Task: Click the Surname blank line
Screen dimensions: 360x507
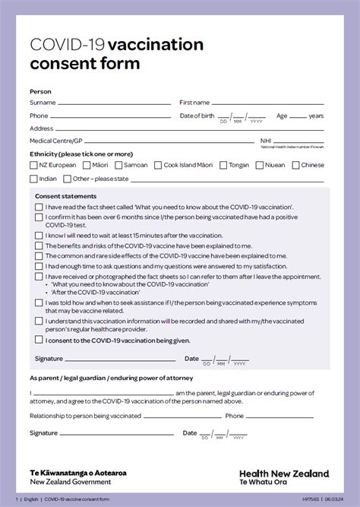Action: point(114,103)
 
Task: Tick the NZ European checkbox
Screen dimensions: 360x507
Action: point(33,165)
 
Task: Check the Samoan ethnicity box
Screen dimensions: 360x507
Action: point(119,165)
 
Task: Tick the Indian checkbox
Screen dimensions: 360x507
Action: point(33,179)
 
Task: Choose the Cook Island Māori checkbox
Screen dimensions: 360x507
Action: point(158,165)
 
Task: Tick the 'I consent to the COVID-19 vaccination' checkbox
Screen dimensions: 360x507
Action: point(39,341)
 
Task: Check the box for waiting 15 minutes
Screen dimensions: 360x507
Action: point(39,236)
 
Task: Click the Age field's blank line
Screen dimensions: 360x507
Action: point(298,116)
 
